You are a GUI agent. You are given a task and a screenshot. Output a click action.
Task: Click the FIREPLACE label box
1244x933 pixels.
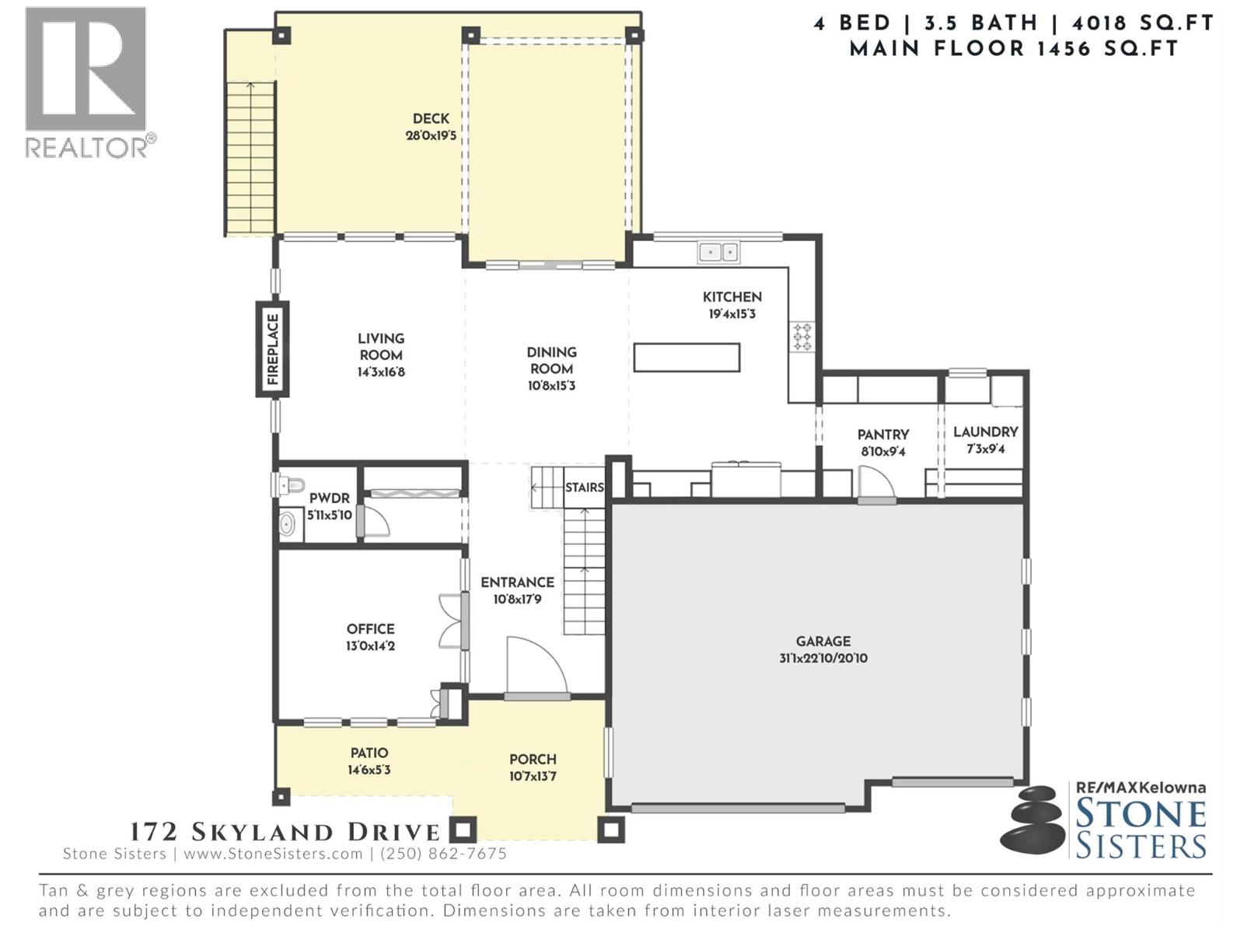(x=273, y=349)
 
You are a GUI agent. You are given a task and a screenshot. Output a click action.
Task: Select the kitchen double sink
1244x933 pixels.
(x=718, y=252)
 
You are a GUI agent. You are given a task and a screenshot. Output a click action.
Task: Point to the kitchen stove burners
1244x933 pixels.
(x=802, y=337)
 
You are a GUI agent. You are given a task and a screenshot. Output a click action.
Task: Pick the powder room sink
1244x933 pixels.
(x=288, y=524)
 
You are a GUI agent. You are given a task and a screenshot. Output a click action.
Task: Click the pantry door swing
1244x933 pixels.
(x=877, y=483)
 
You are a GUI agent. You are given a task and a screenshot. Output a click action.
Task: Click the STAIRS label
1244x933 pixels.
(x=584, y=487)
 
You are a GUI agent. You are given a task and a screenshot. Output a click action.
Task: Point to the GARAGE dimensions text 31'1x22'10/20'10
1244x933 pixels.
(x=823, y=659)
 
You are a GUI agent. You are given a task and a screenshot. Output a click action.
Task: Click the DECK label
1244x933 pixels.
(x=431, y=118)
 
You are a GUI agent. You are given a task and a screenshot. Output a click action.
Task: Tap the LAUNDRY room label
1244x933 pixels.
(x=985, y=432)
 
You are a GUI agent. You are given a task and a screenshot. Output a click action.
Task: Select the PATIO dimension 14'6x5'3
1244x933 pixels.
(x=369, y=770)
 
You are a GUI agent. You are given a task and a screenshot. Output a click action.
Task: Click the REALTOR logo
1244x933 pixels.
(x=86, y=82)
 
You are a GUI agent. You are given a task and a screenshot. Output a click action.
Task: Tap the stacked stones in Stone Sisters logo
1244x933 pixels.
(x=1031, y=819)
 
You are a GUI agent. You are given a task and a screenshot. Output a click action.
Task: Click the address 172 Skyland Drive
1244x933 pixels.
(x=285, y=832)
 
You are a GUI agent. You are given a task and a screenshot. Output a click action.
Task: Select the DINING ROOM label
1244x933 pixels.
(x=551, y=360)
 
